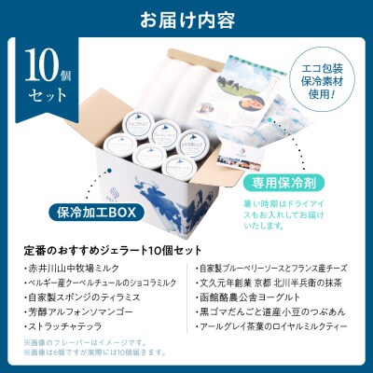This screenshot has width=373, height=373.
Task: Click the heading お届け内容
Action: click(x=186, y=18)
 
